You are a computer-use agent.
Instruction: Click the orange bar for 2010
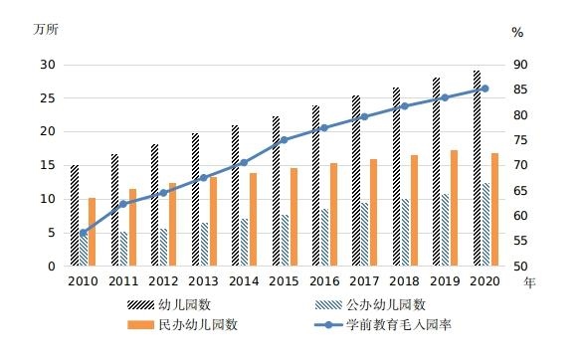pyautogui.click(x=93, y=232)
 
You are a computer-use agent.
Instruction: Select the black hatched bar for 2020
pyautogui.click(x=477, y=168)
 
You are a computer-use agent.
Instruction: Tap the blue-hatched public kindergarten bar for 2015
pyautogui.click(x=284, y=241)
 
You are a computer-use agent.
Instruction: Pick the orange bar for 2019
pyautogui.click(x=455, y=208)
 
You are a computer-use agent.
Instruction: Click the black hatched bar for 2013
pyautogui.click(x=195, y=199)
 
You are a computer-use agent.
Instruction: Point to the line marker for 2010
pyautogui.click(x=84, y=233)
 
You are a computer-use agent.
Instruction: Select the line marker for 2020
pyautogui.click(x=484, y=89)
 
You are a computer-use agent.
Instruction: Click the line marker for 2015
pyautogui.click(x=284, y=140)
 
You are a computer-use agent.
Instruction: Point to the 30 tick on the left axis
pyautogui.click(x=48, y=65)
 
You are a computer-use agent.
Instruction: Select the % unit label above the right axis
pyautogui.click(x=517, y=32)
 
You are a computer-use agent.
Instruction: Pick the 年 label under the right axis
pyautogui.click(x=530, y=282)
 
